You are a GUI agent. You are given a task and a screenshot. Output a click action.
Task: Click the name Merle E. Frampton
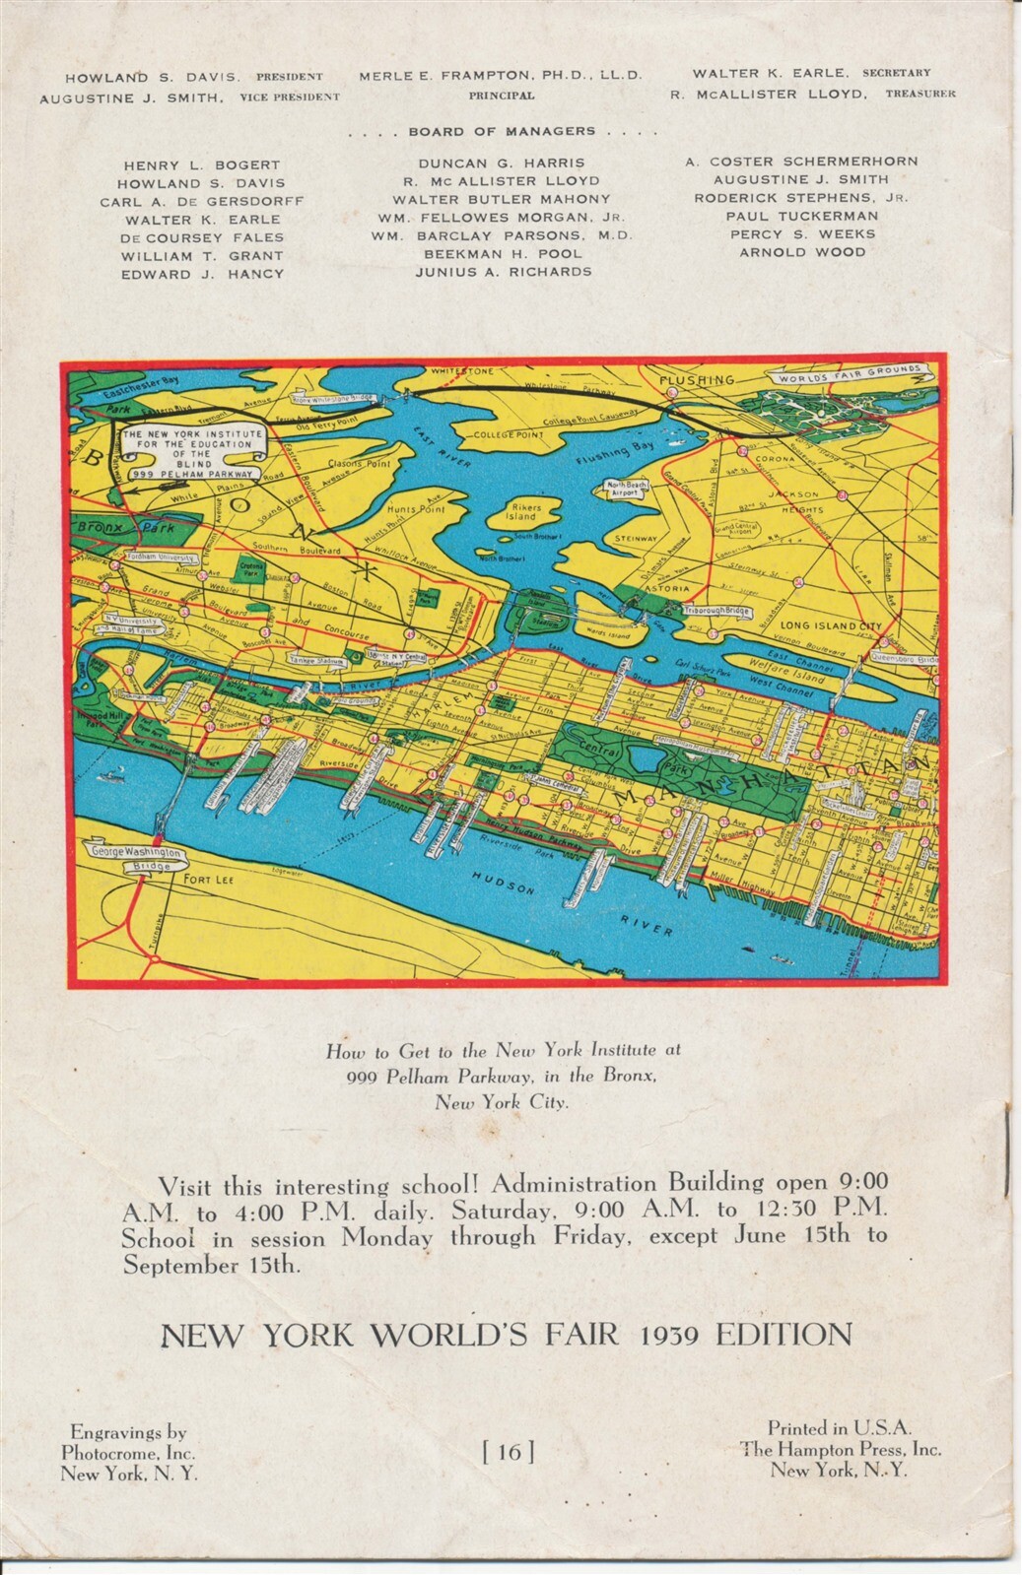point(501,75)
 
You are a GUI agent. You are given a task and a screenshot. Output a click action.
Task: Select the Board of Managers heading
point(502,131)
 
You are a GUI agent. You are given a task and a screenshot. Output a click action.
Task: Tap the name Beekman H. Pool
point(503,253)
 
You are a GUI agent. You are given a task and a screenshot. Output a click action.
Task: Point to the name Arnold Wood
point(802,252)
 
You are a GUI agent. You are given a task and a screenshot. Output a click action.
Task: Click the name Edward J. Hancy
point(202,274)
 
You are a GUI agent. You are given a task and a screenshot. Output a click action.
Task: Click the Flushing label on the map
point(698,379)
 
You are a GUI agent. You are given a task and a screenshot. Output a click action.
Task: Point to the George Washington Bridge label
point(137,858)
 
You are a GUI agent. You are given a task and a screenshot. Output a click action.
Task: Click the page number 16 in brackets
point(509,1450)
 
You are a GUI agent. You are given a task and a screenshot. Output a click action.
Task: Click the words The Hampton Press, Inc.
point(841,1448)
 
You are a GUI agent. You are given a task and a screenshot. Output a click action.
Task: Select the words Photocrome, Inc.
point(128,1452)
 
